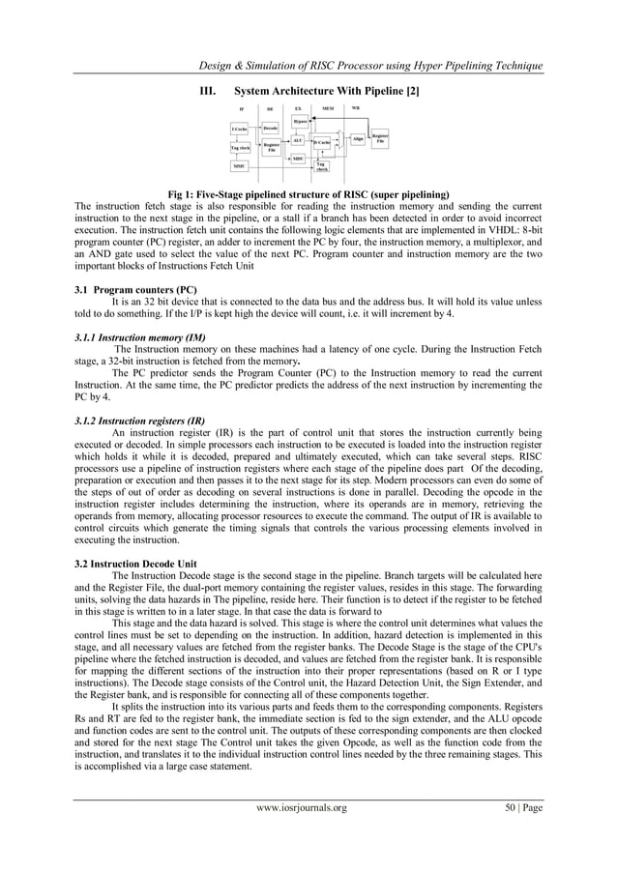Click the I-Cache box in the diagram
(x=239, y=129)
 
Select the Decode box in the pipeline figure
(x=271, y=128)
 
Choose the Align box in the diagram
(x=358, y=140)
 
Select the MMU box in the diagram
(x=239, y=166)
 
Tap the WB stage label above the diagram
(x=356, y=106)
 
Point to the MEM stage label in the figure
(x=328, y=107)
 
